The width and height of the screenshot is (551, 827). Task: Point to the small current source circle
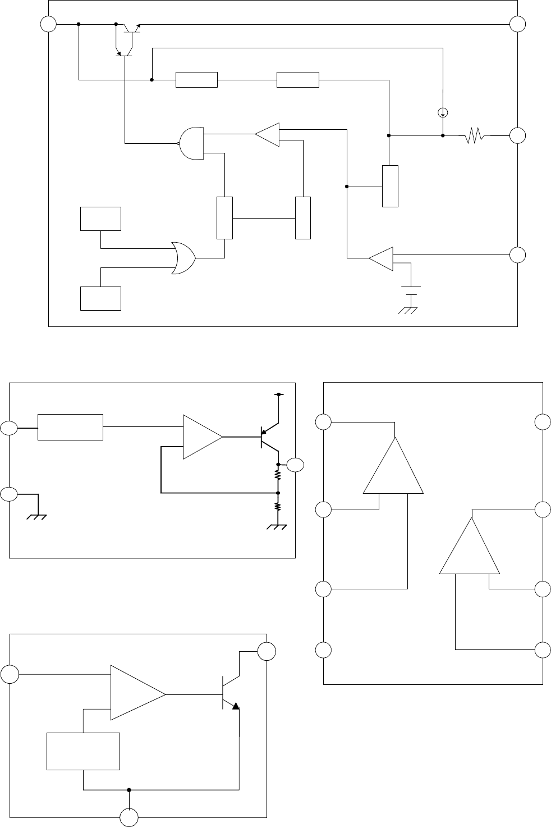pos(442,112)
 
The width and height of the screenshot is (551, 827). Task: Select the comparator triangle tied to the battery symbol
pos(382,258)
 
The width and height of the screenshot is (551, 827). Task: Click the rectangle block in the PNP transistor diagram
pos(70,427)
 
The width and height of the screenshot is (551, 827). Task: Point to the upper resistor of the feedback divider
pos(277,475)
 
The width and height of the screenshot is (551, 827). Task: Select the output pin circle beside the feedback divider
pos(295,465)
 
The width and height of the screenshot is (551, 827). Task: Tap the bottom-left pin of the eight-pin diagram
pos(323,650)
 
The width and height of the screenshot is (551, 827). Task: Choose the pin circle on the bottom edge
pos(130,817)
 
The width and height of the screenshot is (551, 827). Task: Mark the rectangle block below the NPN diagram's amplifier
pos(83,751)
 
